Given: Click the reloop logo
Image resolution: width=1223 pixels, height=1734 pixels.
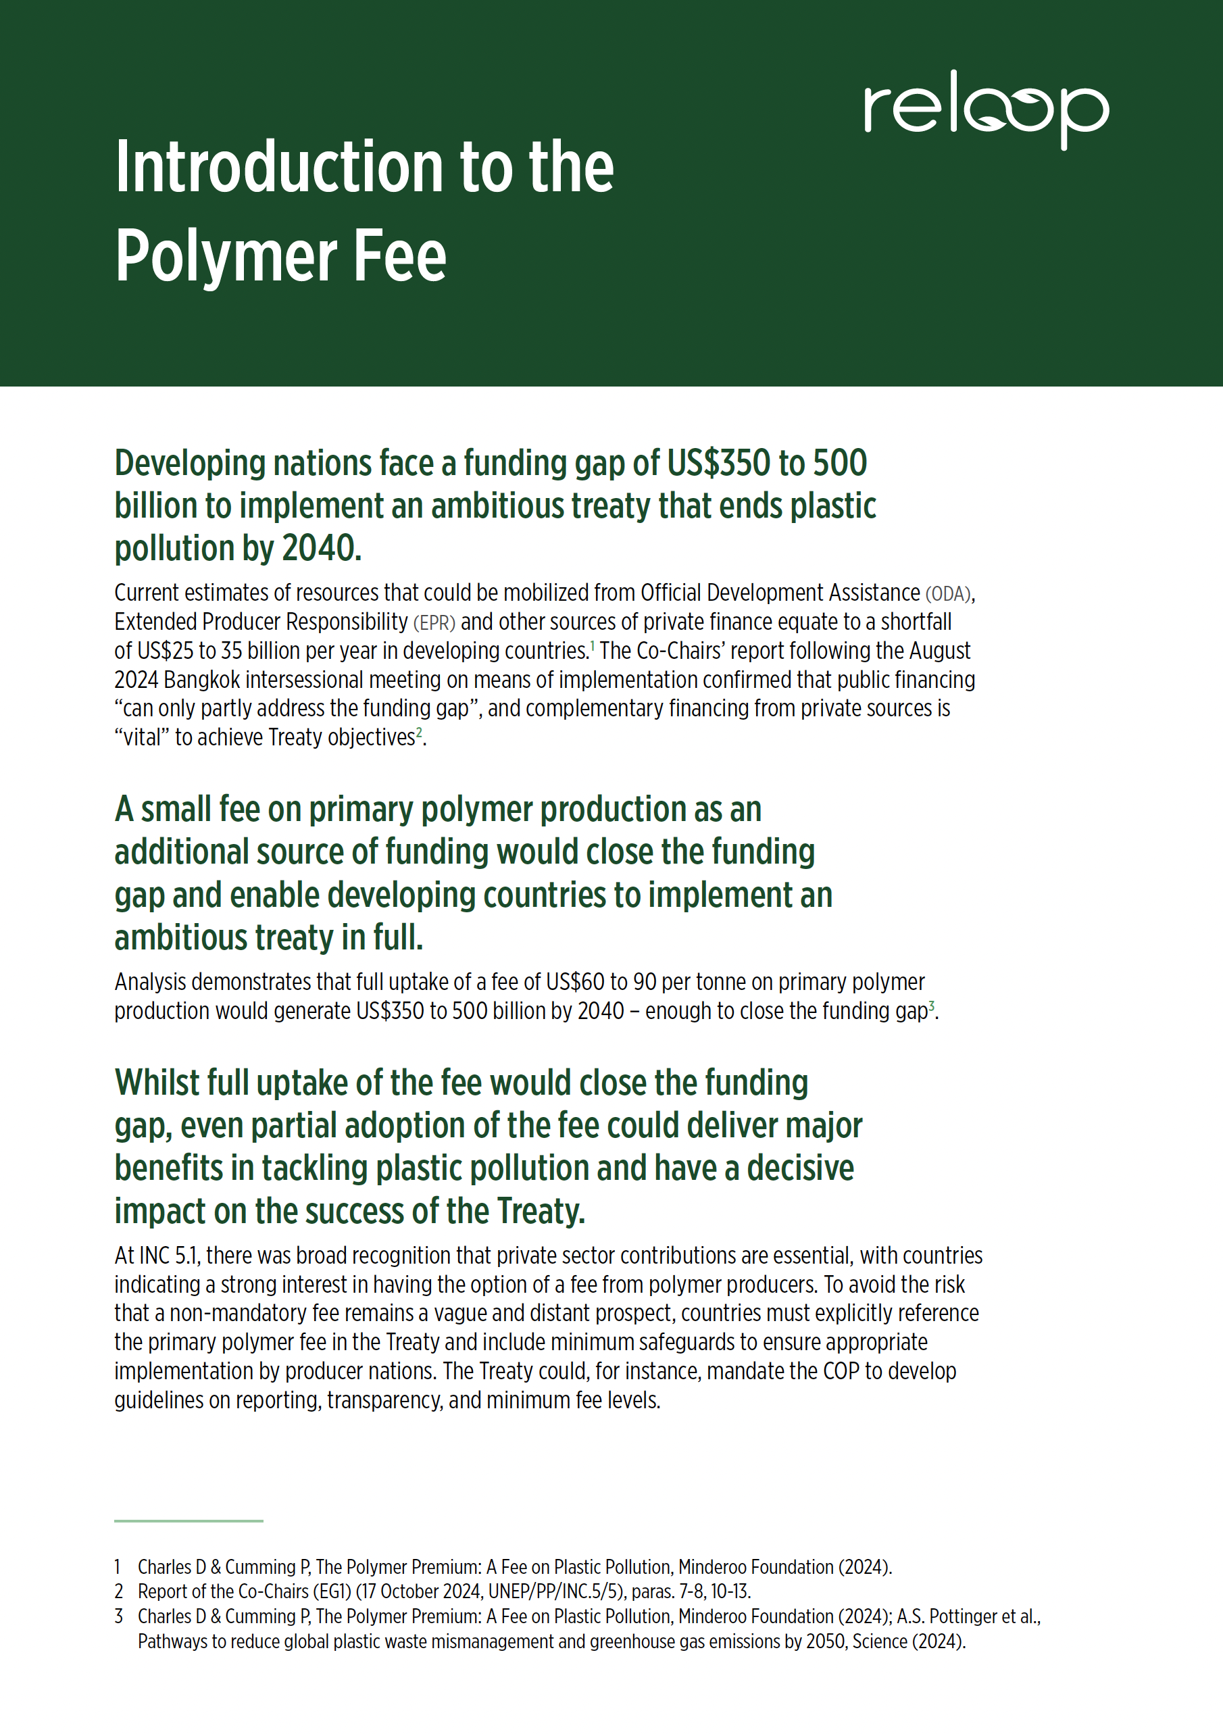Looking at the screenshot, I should click(986, 110).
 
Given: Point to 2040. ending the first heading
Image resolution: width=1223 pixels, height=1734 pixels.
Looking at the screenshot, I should click(322, 548).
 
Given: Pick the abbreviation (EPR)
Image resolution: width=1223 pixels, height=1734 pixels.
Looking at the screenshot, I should click(434, 622).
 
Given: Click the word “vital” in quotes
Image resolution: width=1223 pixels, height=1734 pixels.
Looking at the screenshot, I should click(141, 737).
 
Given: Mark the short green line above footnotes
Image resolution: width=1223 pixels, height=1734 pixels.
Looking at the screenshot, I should click(189, 1520).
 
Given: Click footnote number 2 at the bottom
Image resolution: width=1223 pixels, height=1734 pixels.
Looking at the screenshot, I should click(118, 1592).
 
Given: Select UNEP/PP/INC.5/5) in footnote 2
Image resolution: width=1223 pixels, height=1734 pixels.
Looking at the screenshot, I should click(557, 1592).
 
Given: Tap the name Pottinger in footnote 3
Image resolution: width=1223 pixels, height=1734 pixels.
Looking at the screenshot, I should click(963, 1616).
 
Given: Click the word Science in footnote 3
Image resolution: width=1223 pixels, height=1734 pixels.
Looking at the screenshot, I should click(880, 1641).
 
